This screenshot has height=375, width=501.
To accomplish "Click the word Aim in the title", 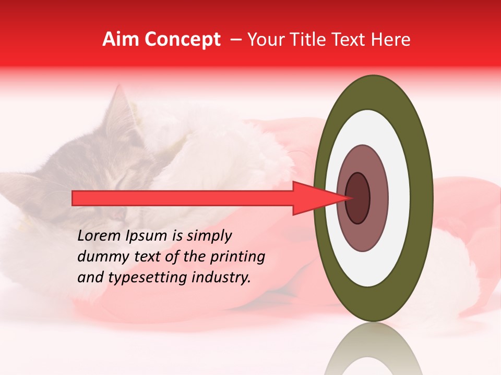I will click(121, 40).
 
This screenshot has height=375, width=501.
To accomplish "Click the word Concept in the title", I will click(182, 40).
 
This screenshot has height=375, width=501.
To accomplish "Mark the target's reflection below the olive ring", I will click(374, 352).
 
